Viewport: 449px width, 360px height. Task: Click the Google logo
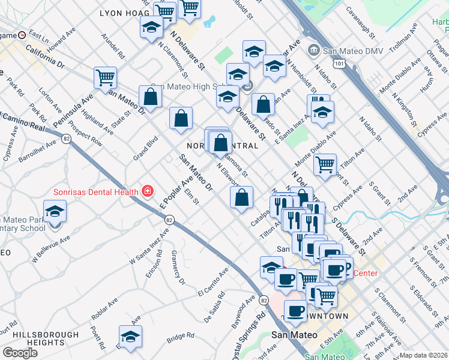pyautogui.click(x=20, y=353)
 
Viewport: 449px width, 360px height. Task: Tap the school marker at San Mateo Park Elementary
pyautogui.click(x=55, y=213)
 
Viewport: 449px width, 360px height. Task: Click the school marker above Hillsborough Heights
pyautogui.click(x=130, y=338)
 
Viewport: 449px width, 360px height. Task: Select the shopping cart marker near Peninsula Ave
pyautogui.click(x=105, y=78)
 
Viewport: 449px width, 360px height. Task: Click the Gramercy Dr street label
pyautogui.click(x=178, y=268)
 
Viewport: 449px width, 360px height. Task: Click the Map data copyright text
pyautogui.click(x=423, y=355)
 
